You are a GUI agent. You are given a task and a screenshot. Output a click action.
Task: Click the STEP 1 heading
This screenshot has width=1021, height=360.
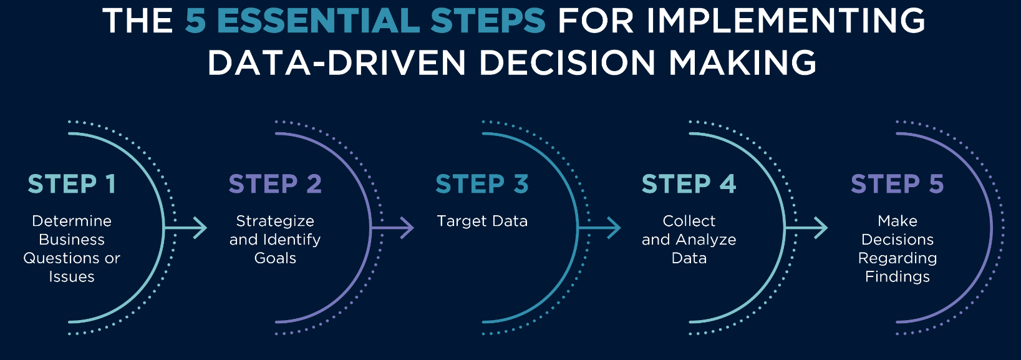coord(72,184)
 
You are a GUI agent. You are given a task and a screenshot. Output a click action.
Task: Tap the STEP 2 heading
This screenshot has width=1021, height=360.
coord(275,184)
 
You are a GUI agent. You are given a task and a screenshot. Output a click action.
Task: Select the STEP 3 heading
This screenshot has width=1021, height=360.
coord(482,184)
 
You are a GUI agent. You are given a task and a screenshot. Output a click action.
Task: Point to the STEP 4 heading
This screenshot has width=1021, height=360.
coord(689,184)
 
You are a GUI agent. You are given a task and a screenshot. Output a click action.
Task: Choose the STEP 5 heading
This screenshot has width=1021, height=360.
coord(897,184)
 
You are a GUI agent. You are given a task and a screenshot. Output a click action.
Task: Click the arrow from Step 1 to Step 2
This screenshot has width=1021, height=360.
coord(185,227)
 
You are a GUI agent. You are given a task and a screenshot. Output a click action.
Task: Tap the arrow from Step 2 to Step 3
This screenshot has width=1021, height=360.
coord(392,227)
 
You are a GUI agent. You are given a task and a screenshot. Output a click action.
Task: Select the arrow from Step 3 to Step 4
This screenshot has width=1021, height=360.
coord(599,227)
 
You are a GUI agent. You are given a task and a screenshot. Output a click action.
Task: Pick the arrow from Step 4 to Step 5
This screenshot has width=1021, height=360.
coord(806,227)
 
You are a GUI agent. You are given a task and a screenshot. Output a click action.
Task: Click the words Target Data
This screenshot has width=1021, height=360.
coord(482,221)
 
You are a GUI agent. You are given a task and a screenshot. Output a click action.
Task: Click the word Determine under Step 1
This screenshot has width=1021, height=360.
coord(72,221)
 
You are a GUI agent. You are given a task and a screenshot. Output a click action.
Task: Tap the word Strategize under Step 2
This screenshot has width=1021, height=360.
coord(275,221)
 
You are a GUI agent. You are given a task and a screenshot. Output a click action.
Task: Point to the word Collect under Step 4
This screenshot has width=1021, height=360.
coord(689,221)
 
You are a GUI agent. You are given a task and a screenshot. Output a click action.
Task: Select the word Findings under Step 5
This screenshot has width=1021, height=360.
coord(898,277)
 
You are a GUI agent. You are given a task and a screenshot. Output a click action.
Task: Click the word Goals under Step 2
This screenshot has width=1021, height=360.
coord(275,258)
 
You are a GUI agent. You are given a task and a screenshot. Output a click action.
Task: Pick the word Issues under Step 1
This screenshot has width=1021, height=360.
coord(72,277)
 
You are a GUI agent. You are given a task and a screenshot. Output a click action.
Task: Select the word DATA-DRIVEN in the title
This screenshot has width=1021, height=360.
coord(336,62)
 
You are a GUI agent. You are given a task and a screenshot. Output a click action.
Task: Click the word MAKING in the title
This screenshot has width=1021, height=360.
coord(742,62)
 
